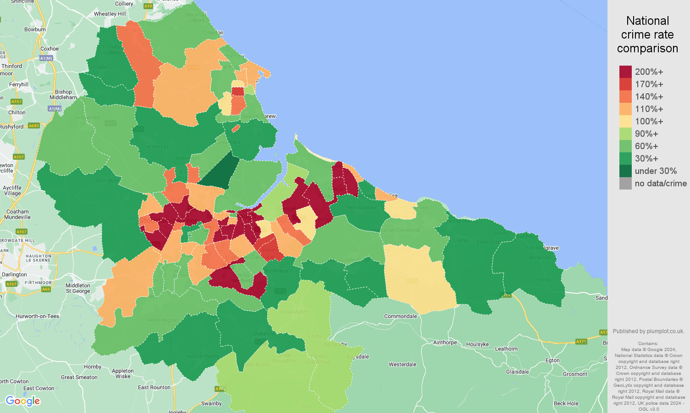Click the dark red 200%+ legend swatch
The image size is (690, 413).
click(x=625, y=72)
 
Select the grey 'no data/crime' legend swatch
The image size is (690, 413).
click(x=625, y=184)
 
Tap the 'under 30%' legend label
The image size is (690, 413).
click(x=656, y=171)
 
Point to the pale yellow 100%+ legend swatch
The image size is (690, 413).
click(x=625, y=122)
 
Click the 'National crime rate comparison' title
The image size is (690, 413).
click(x=647, y=34)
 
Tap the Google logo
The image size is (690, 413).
click(x=23, y=401)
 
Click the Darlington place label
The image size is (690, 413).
click(x=14, y=274)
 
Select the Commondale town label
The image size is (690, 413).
click(x=400, y=316)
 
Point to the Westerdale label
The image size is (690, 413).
click(x=403, y=364)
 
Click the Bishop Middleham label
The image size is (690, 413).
click(x=63, y=95)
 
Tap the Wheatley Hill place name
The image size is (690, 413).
click(x=110, y=14)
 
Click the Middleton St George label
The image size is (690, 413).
click(x=78, y=288)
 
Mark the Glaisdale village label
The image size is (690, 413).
click(x=517, y=372)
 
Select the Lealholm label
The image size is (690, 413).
click(x=506, y=349)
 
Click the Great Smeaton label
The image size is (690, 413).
click(x=79, y=377)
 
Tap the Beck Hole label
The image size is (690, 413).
click(x=566, y=403)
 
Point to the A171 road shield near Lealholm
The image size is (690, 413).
click(x=581, y=341)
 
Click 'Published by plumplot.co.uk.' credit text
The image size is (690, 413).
click(x=648, y=331)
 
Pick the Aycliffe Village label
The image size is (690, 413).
click(x=12, y=190)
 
